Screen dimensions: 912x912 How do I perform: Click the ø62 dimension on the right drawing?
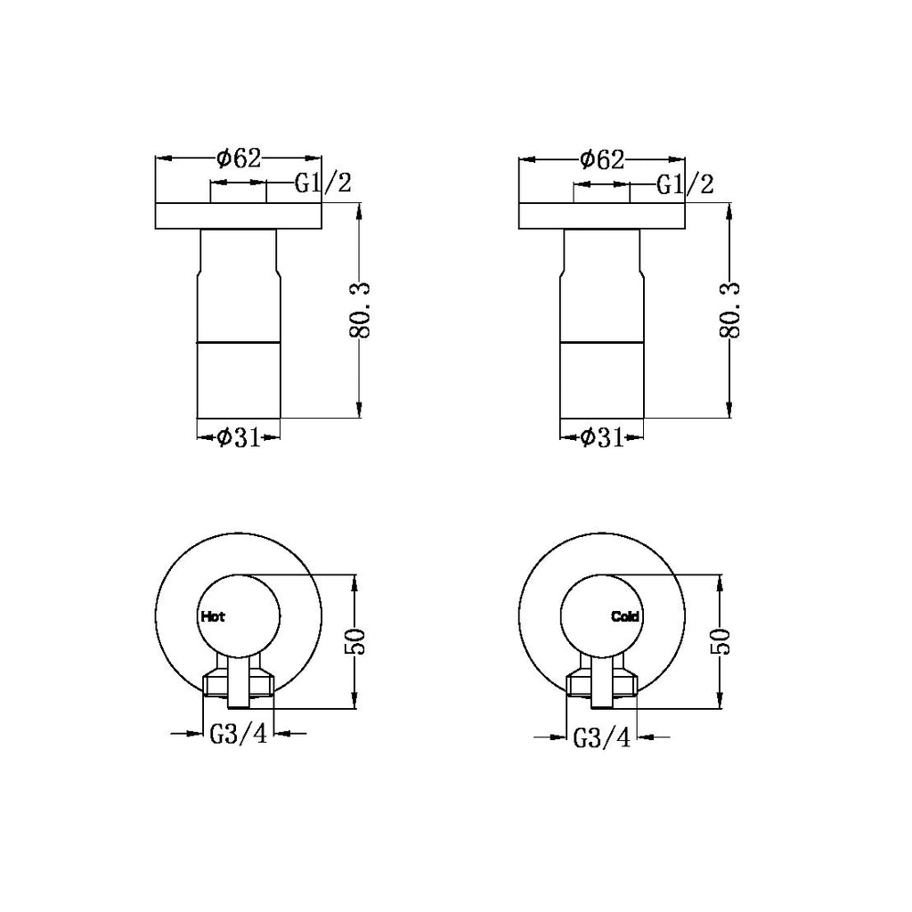point(601,159)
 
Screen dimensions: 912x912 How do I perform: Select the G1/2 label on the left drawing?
point(323,183)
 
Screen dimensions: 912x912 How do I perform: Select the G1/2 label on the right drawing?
point(686,184)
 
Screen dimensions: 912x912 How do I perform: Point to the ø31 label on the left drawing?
point(238,436)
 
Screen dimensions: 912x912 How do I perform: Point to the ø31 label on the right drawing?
point(600,437)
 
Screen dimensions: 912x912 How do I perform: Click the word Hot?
point(213,615)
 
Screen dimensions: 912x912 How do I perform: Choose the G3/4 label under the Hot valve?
point(239,735)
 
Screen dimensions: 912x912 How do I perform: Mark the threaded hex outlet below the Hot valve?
point(239,683)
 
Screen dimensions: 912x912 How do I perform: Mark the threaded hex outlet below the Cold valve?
point(601,683)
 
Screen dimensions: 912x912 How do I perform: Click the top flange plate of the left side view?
point(239,216)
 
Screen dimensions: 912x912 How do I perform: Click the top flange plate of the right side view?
point(601,216)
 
